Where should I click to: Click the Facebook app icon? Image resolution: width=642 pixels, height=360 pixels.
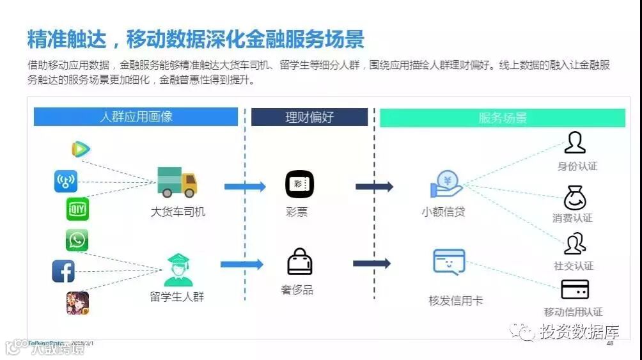coord(63,272)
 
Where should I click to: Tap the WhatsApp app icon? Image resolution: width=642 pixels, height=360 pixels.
coord(77,240)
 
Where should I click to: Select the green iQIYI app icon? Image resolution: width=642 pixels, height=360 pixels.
coord(77,208)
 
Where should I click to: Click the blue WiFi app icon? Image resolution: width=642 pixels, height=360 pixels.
coord(65,181)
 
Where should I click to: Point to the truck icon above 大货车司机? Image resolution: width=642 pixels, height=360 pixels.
coord(177,182)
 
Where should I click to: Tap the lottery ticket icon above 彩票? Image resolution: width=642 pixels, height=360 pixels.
coord(299,184)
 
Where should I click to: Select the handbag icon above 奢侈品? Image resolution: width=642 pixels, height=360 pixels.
coord(299,262)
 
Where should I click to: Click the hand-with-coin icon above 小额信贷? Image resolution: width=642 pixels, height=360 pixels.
coord(446,185)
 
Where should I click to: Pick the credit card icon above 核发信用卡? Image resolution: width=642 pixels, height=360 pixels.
coord(449,262)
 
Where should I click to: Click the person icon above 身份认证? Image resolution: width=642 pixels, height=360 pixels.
coord(575,143)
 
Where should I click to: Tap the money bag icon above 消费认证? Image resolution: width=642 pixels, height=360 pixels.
coord(575,198)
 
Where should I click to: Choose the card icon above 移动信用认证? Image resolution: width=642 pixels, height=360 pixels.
coord(575,290)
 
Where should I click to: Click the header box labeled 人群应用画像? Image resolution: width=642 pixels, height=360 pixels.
coord(136,117)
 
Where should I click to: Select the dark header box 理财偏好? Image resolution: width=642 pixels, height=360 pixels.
coord(309,117)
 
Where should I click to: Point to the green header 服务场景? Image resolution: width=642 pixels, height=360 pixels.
coord(503,118)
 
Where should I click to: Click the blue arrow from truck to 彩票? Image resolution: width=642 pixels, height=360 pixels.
coord(244,187)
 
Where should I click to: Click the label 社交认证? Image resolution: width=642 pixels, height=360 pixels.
coord(574,265)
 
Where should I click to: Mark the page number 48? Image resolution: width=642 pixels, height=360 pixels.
coord(609,343)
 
